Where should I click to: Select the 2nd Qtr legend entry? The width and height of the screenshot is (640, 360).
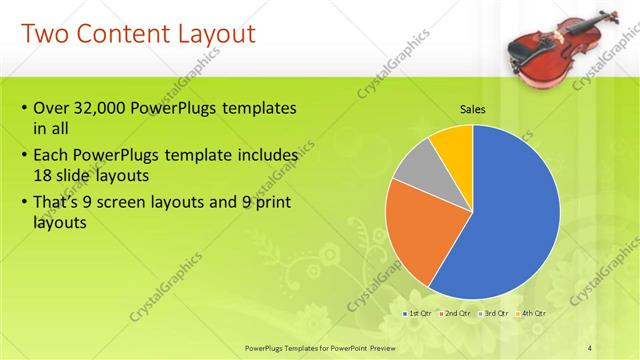click(456, 313)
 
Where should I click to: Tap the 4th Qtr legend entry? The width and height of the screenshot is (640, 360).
click(533, 313)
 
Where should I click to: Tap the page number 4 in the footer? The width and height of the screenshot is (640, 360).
click(589, 347)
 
